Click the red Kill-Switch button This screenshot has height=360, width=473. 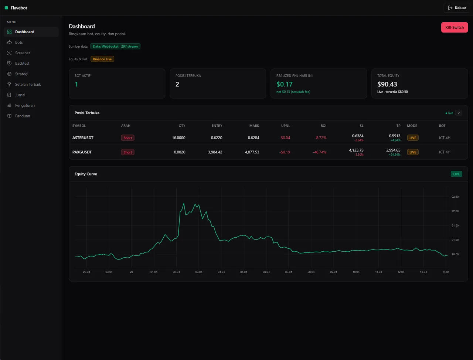click(x=454, y=27)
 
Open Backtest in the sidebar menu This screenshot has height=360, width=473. click(x=22, y=63)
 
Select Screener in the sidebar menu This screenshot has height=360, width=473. click(x=23, y=53)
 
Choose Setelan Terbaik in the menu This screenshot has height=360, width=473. click(x=28, y=84)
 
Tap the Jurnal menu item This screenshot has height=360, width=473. click(x=20, y=95)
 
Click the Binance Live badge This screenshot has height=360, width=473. click(x=102, y=59)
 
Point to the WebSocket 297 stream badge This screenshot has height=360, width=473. click(x=115, y=46)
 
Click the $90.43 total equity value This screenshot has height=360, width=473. click(x=387, y=84)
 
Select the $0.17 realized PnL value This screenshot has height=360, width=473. click(x=285, y=84)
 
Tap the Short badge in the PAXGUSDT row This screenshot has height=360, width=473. click(x=127, y=152)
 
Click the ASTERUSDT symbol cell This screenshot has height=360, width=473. click(x=83, y=137)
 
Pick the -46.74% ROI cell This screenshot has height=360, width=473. click(x=319, y=152)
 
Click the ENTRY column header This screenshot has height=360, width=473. click(x=217, y=126)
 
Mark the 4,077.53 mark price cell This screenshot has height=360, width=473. click(x=252, y=152)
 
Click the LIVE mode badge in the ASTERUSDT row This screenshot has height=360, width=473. click(x=413, y=137)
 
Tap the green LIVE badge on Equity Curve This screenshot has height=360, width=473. click(x=456, y=174)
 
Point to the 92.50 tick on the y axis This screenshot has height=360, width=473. click(x=455, y=197)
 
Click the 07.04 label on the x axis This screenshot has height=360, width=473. click(x=289, y=272)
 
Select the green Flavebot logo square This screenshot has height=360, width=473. click(x=6, y=8)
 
